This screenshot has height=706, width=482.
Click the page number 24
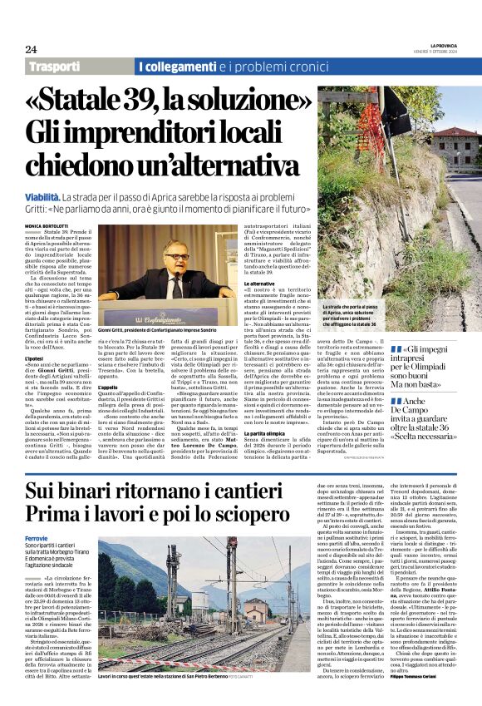click(32, 48)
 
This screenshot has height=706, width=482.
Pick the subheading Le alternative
click(258, 284)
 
